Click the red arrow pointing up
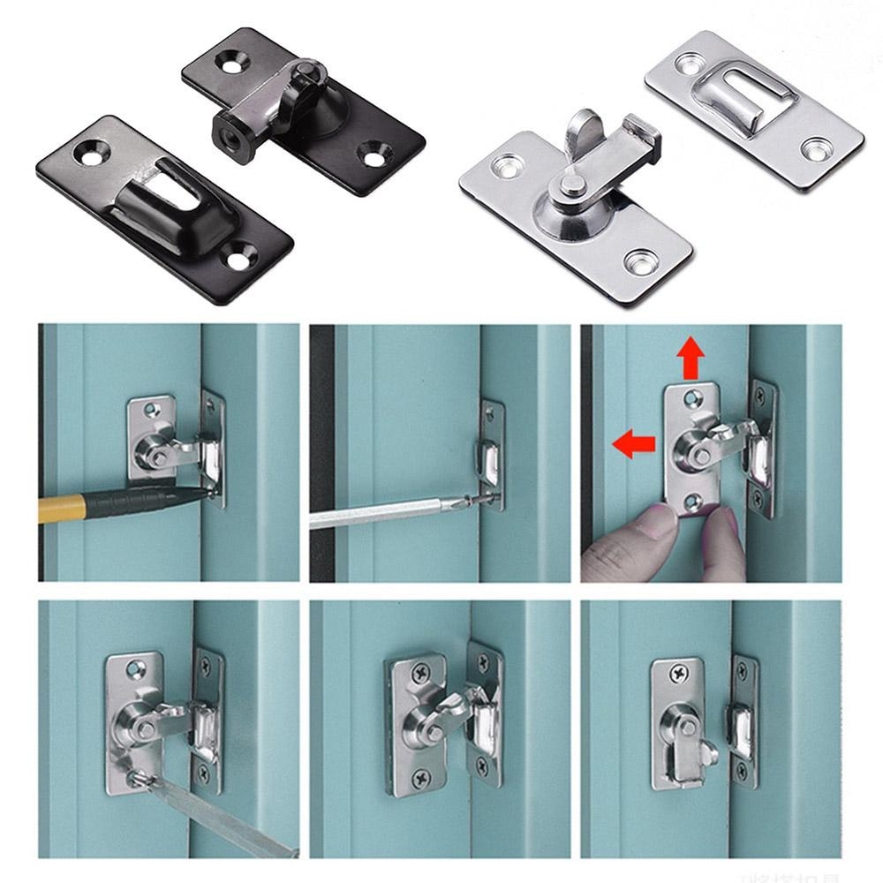pyautogui.click(x=691, y=358)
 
